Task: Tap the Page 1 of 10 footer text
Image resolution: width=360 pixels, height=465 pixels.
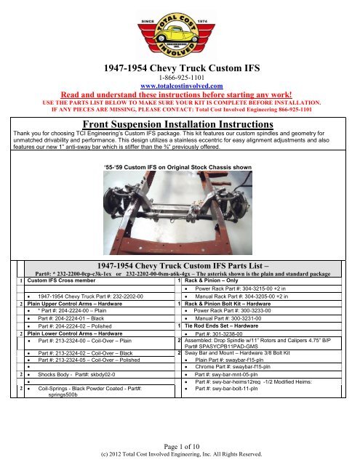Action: point(179,448)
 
